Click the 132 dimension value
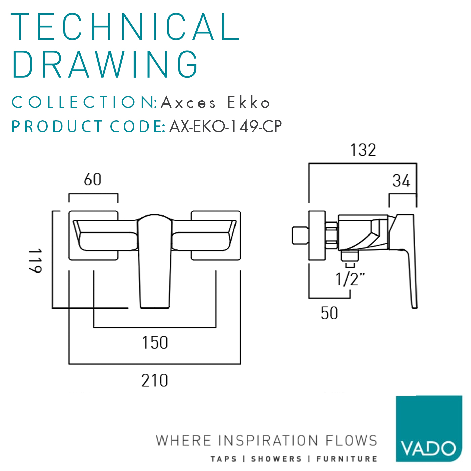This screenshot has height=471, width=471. point(363,150)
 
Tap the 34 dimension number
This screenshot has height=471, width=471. point(401,181)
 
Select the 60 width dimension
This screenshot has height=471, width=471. point(93,179)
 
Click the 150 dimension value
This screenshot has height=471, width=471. point(155,342)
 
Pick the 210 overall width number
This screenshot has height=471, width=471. point(154,381)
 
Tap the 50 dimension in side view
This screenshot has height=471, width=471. point(329,313)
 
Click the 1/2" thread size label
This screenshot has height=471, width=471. point(350,279)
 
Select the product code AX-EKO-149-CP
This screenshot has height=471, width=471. point(225,126)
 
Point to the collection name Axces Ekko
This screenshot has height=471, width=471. point(215,103)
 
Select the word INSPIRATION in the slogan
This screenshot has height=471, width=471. point(268,441)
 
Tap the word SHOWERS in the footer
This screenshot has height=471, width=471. point(276,459)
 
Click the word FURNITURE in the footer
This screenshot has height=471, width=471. point(347,459)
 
